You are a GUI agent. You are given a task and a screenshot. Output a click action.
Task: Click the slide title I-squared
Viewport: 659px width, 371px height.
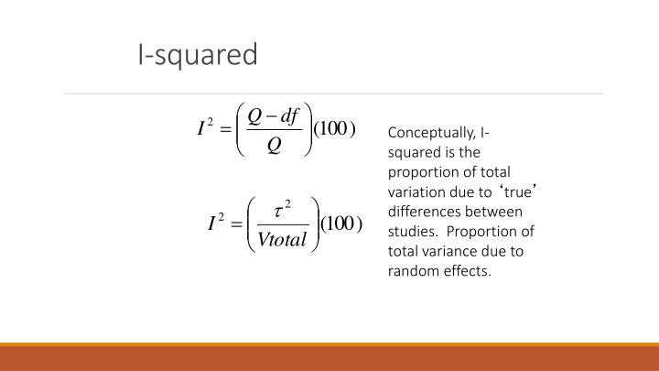tap(198, 55)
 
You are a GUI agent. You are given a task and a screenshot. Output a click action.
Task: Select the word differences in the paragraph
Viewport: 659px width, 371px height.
tap(425, 212)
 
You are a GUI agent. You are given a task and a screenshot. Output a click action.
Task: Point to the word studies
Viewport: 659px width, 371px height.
tap(414, 232)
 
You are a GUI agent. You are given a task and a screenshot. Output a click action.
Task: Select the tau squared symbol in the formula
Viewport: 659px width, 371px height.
tap(282, 209)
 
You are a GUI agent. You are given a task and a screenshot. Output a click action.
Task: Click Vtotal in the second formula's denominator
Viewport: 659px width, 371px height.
tap(282, 240)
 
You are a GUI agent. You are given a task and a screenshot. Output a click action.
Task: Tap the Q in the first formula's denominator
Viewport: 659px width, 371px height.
tap(274, 146)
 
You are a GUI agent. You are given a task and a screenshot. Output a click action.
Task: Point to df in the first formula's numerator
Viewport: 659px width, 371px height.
tap(289, 115)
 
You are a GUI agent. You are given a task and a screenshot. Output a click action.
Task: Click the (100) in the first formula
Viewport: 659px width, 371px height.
tap(335, 129)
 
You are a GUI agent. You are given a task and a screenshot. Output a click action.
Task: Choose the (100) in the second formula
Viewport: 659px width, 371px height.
tap(341, 224)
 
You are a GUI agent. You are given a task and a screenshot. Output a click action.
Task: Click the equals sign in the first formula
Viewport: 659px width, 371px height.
tap(226, 129)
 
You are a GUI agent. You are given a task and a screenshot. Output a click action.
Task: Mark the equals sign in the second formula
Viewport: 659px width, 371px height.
tap(237, 224)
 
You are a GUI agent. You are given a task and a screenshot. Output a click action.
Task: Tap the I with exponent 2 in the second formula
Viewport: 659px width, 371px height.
tap(216, 222)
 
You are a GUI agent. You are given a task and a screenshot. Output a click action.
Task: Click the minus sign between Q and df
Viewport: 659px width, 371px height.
tap(272, 116)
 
